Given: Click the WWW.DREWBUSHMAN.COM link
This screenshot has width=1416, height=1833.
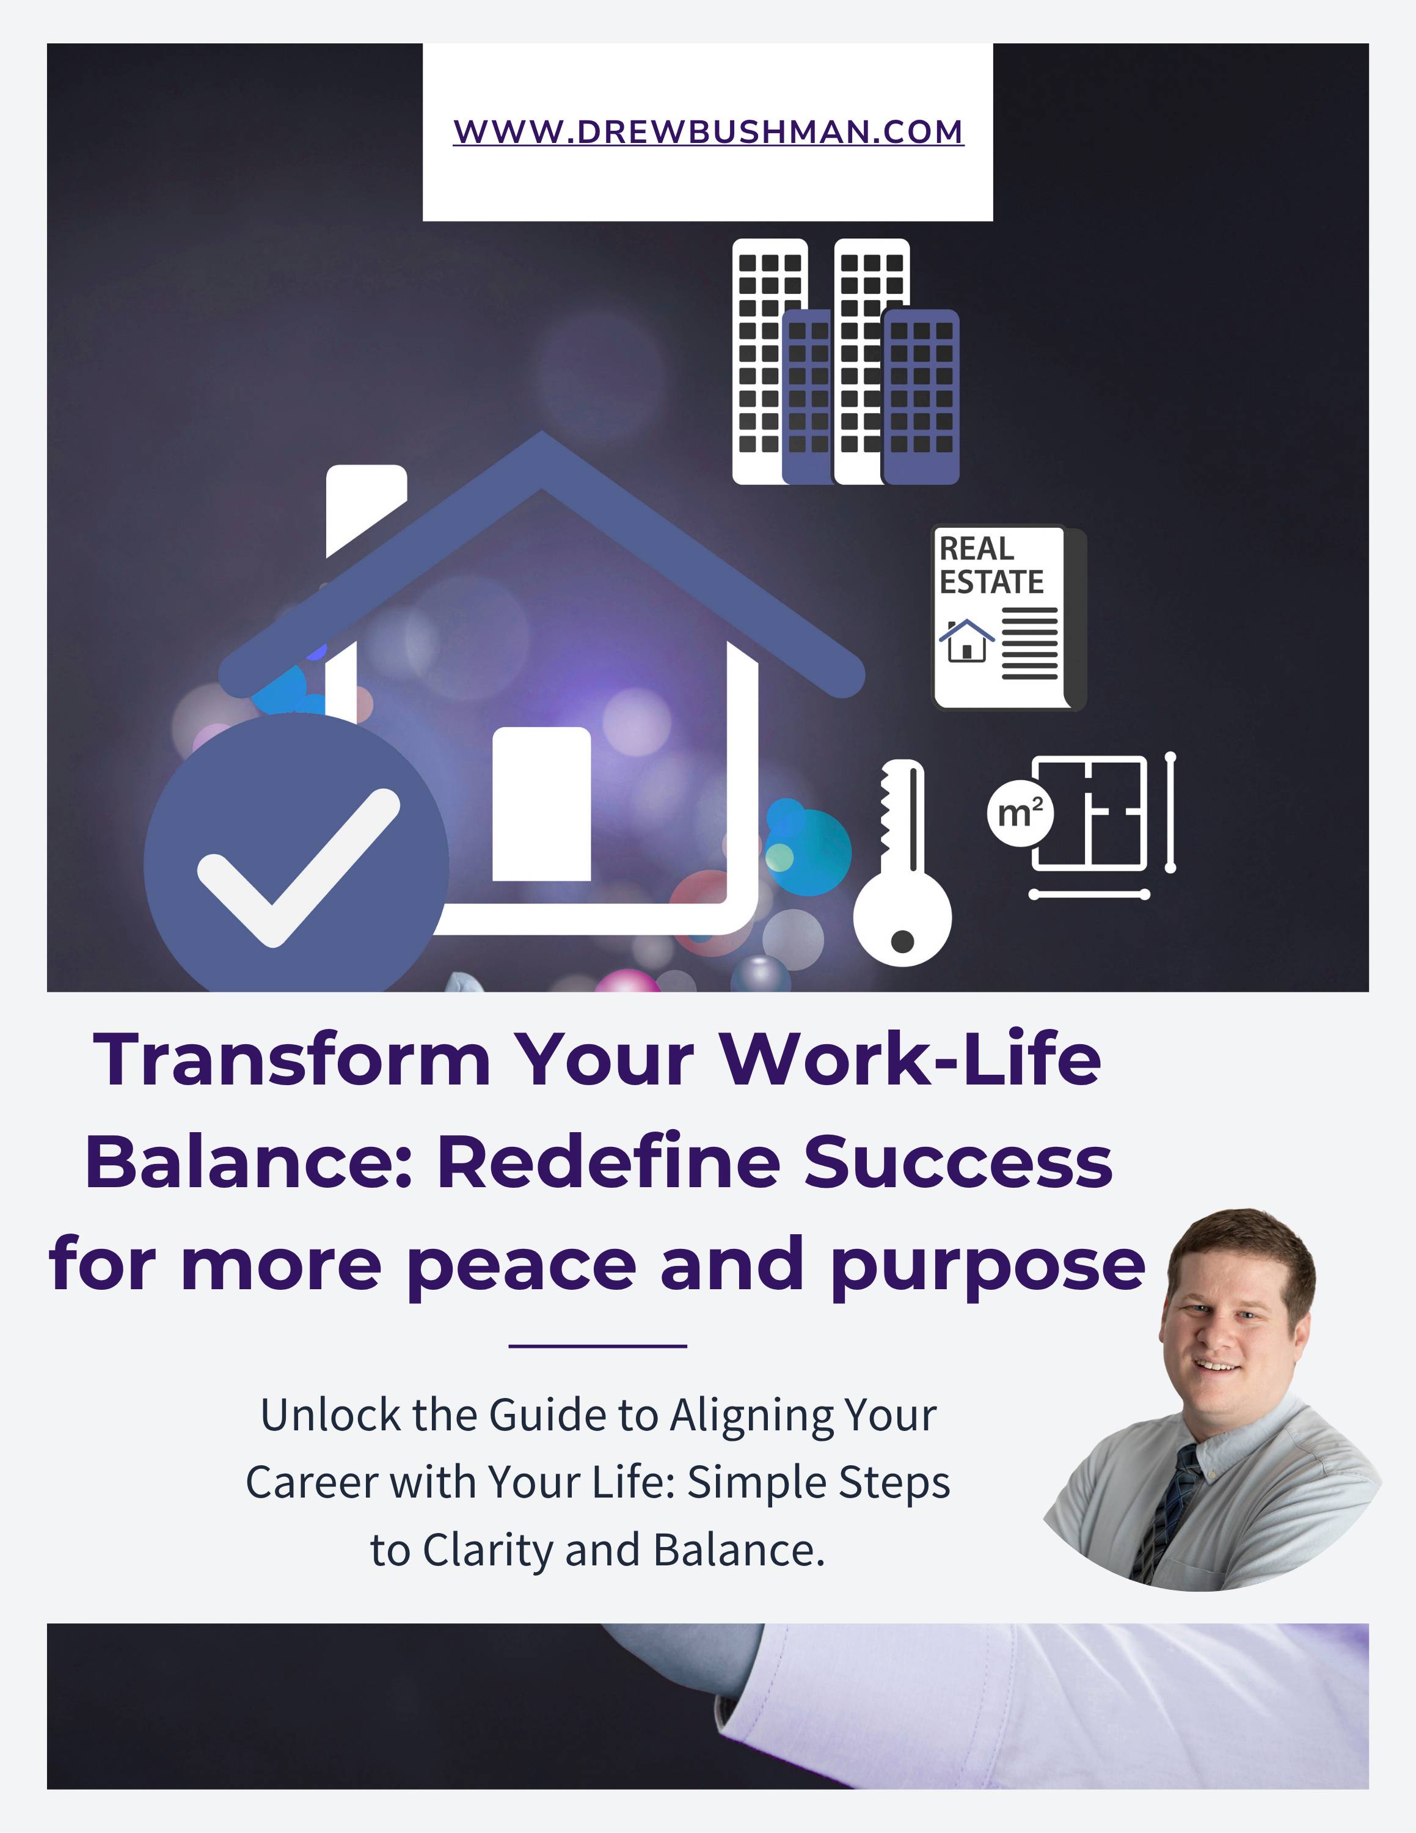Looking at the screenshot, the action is pos(708,132).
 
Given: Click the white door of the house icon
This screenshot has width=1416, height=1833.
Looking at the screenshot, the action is pos(541,804).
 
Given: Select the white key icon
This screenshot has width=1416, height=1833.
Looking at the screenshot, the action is pos(903,865).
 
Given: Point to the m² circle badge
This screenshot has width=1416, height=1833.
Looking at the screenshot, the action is pos(1020,813).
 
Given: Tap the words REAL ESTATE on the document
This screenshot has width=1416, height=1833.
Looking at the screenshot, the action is pos(991,565).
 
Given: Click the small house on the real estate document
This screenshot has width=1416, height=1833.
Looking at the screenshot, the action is pos(966,640).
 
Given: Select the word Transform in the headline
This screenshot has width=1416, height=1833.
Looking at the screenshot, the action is pos(292,1059).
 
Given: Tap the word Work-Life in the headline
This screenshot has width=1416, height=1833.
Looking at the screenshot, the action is pos(910,1059).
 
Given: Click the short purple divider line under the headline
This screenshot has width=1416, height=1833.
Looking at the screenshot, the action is pos(598,1346).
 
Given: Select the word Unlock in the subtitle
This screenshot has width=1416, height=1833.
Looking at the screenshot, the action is pos(330,1415).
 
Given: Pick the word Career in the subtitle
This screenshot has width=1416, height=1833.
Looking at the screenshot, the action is pos(311,1483).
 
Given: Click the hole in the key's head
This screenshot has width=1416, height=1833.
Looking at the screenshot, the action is pos(902,942).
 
